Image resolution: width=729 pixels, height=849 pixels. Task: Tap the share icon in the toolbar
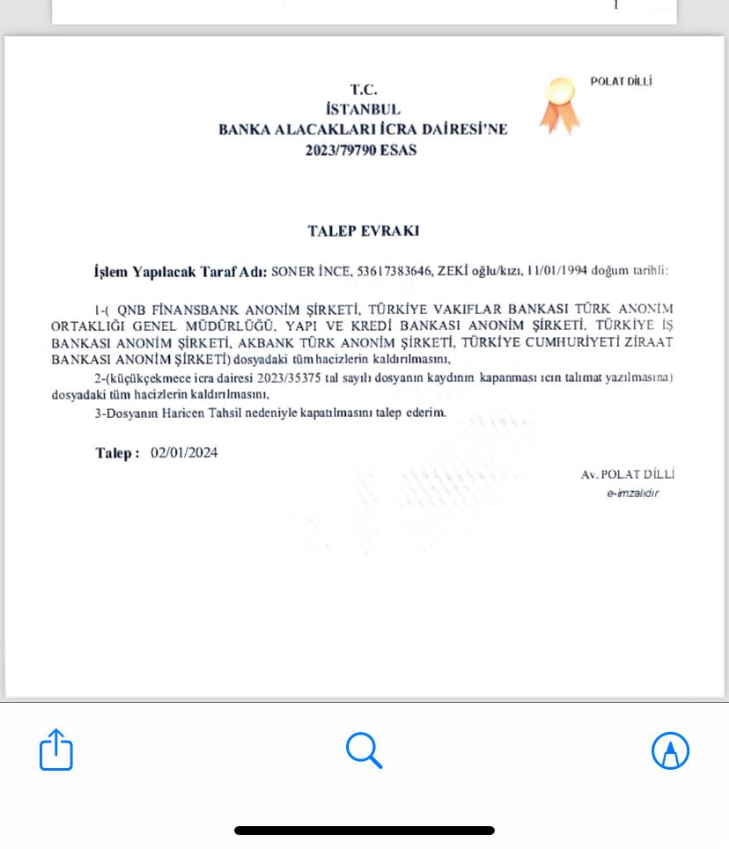(x=56, y=750)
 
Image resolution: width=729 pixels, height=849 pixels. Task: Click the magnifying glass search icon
(x=364, y=750)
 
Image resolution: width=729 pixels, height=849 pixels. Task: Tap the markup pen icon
(x=670, y=750)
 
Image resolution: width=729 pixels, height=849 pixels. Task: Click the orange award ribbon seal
(x=559, y=105)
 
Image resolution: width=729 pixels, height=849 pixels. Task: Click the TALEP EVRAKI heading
(x=363, y=231)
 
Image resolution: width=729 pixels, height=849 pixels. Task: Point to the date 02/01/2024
(x=184, y=453)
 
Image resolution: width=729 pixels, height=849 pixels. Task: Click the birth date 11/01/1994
(x=556, y=270)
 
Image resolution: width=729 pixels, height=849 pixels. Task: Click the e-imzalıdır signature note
(x=632, y=494)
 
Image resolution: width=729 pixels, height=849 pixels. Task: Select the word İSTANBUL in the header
(x=363, y=109)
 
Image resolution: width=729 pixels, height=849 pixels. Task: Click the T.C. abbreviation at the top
(x=363, y=89)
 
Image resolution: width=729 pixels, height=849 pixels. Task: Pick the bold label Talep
(x=114, y=453)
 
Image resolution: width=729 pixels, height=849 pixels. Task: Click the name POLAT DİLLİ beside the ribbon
(x=621, y=82)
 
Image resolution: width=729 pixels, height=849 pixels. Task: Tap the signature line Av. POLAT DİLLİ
(x=628, y=474)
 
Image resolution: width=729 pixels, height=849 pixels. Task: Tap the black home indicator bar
(x=364, y=830)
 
